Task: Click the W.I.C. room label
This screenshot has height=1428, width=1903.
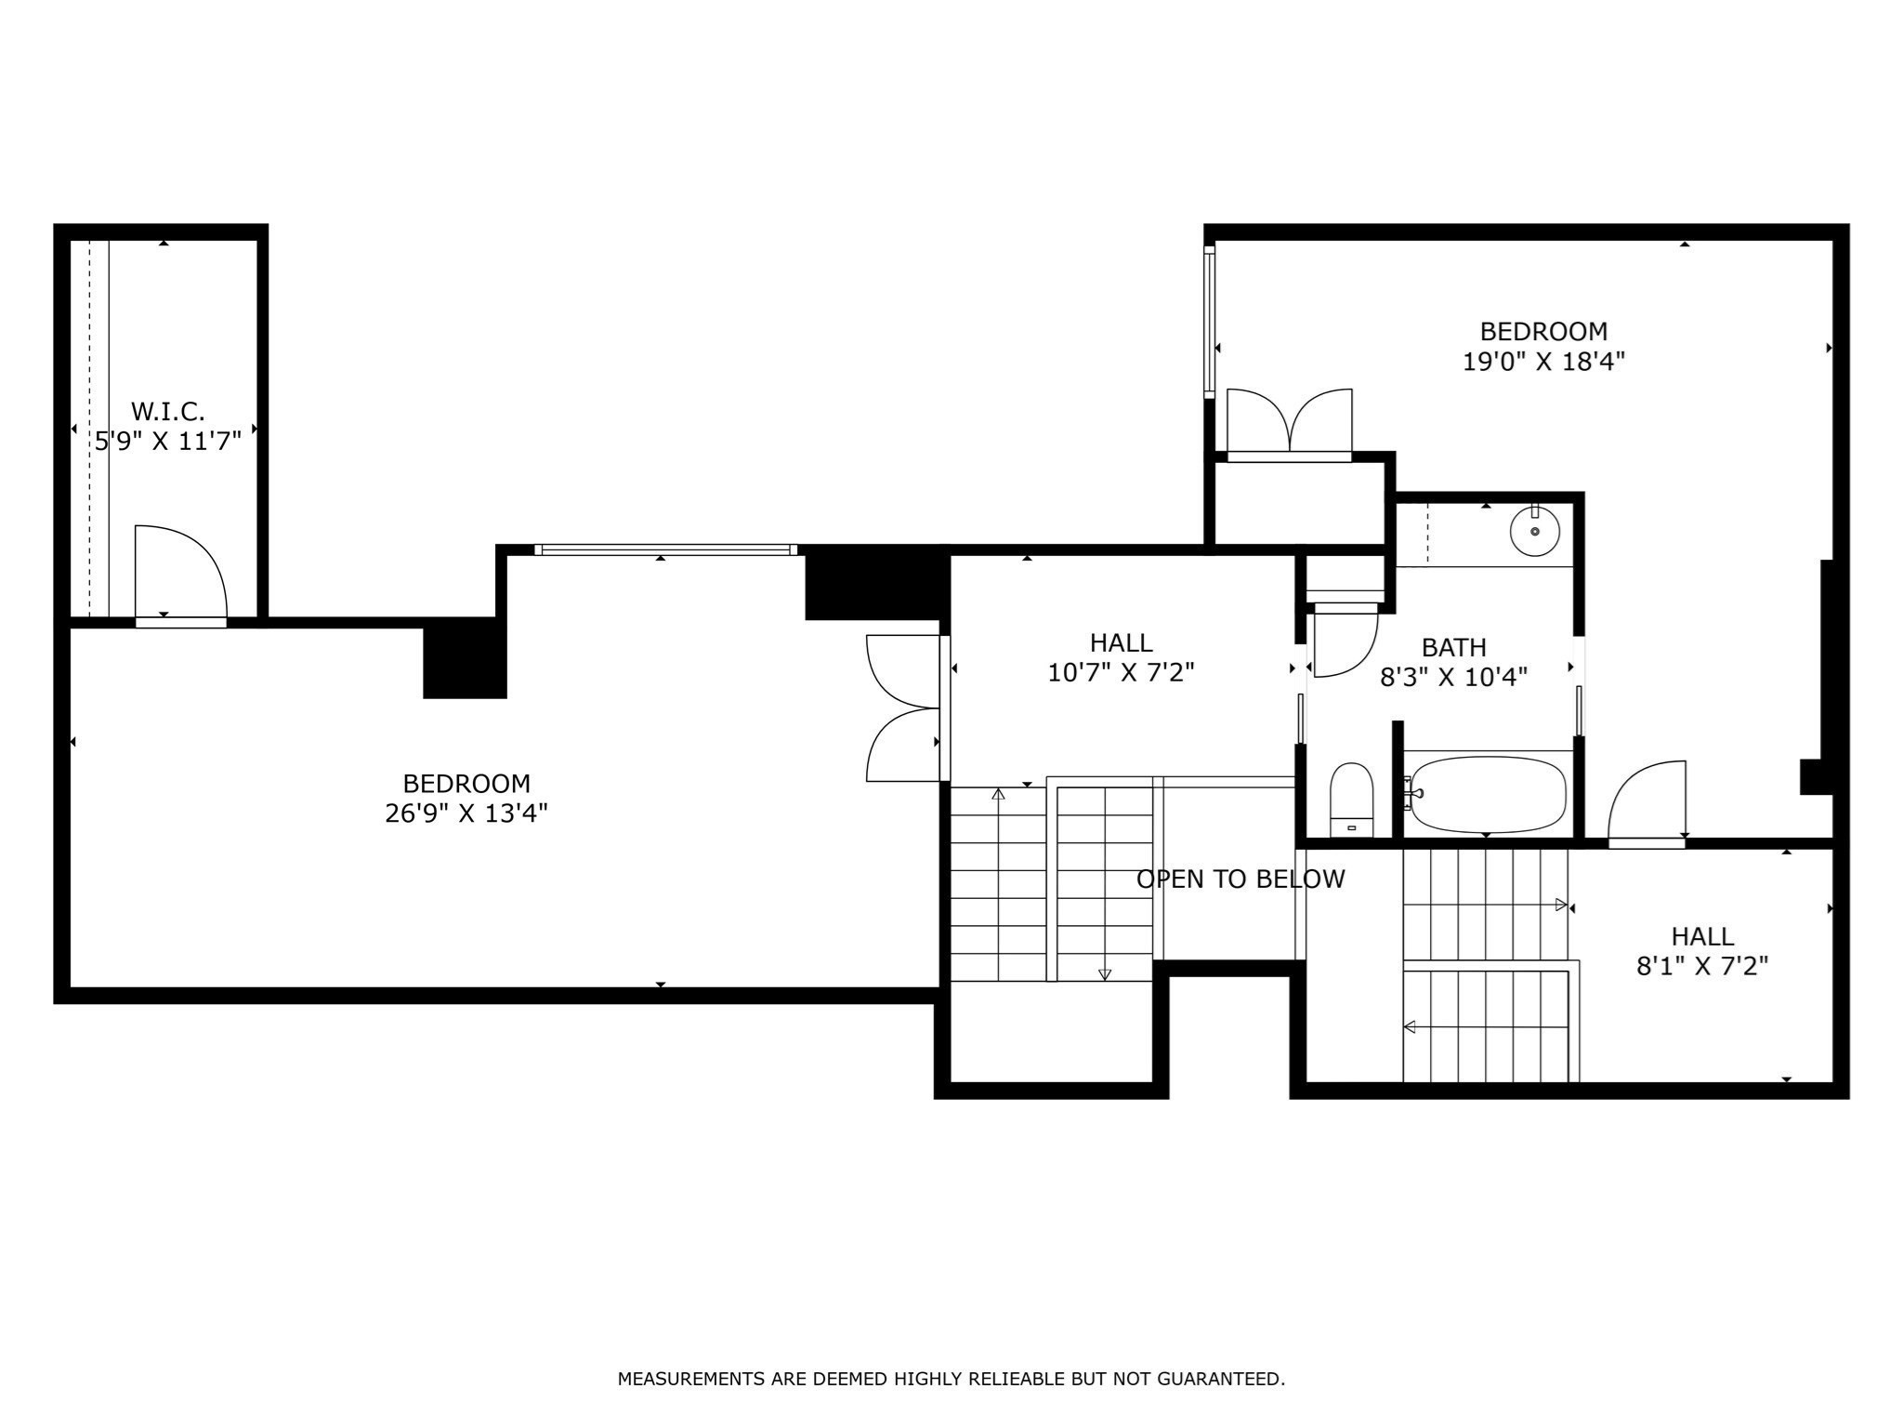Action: [x=167, y=410]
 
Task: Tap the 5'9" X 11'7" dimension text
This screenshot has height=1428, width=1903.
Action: [x=168, y=441]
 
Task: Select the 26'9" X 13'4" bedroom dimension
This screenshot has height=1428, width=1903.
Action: [x=466, y=813]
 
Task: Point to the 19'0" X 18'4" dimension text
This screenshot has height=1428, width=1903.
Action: [x=1543, y=362]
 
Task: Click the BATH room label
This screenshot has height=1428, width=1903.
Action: [x=1453, y=647]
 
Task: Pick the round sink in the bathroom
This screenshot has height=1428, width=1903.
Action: [x=1535, y=531]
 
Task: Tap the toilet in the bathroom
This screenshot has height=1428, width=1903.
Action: [x=1352, y=800]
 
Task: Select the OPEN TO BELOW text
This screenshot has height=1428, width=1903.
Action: [x=1240, y=879]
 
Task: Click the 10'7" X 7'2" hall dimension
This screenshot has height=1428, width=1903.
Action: [x=1121, y=672]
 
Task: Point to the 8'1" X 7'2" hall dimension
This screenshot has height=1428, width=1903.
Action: [x=1701, y=966]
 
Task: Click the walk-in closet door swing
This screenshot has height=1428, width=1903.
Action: [x=181, y=573]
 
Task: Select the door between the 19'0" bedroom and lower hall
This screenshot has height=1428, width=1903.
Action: [x=1647, y=801]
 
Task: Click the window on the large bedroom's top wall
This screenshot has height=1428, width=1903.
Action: [x=665, y=549]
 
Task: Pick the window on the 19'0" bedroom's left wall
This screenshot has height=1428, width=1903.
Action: [x=1209, y=322]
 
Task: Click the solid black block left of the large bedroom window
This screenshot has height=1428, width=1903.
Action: [x=465, y=658]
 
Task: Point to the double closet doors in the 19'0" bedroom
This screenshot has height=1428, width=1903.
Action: [x=1290, y=423]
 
